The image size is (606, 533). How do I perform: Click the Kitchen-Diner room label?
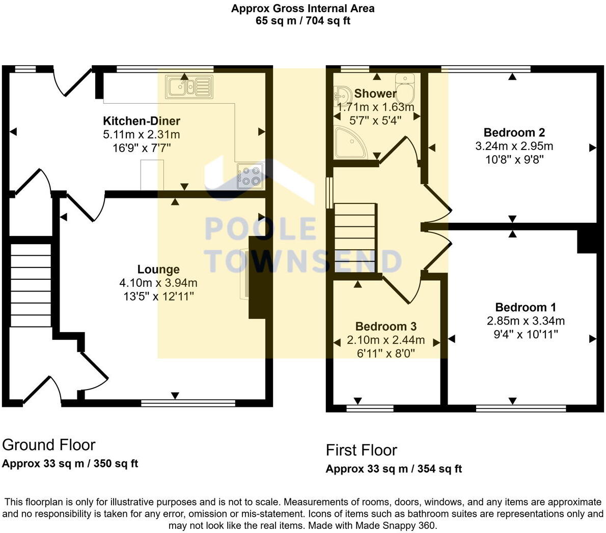(142, 121)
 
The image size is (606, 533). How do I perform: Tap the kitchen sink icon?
(188, 86)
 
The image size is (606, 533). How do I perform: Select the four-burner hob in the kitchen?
(250, 176)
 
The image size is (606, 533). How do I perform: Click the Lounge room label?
(158, 270)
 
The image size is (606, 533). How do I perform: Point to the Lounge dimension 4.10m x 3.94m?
(158, 283)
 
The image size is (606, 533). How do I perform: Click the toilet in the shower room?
(405, 88)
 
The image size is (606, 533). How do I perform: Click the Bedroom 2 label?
(514, 133)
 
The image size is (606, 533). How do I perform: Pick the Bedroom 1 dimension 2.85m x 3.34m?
(526, 321)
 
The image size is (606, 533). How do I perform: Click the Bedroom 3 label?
(386, 327)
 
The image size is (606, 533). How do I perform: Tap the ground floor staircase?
(31, 285)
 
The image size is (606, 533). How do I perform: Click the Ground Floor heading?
(49, 445)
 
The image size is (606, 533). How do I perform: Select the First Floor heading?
(362, 450)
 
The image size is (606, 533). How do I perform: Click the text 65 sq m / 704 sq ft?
(302, 21)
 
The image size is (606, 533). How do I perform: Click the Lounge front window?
(188, 403)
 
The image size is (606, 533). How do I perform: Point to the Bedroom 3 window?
(370, 408)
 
